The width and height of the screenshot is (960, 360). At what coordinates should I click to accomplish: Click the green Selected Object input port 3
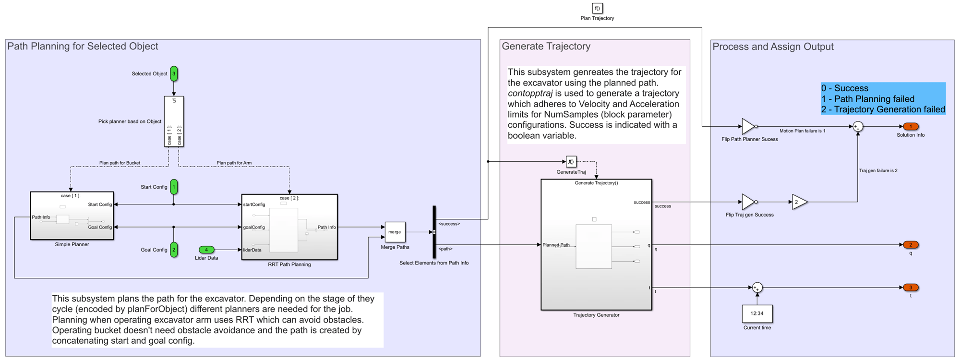174,73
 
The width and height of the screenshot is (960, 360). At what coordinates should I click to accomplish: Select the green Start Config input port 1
174,187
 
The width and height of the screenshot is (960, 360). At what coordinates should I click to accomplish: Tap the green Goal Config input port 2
174,250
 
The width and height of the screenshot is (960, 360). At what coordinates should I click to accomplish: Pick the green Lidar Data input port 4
206,250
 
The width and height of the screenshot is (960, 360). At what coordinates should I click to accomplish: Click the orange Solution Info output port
911,127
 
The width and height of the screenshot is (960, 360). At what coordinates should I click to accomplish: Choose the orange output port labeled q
911,245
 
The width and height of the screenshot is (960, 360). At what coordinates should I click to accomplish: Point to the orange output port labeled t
911,288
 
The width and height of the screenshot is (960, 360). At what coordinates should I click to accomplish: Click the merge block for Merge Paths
395,232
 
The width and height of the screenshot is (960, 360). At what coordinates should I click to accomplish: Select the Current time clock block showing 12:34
757,313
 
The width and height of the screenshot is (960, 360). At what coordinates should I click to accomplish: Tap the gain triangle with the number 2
799,202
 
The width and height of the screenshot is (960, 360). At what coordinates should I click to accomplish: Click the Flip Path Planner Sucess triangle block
748,126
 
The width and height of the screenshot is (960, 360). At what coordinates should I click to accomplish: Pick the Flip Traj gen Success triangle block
748,202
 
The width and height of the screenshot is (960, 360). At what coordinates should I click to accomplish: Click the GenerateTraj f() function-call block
571,162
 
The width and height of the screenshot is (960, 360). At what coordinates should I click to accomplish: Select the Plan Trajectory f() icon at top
597,8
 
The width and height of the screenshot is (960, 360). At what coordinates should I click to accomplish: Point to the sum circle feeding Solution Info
858,127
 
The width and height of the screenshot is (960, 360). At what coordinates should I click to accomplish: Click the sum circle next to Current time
757,288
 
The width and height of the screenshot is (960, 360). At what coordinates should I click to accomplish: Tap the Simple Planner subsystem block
72,216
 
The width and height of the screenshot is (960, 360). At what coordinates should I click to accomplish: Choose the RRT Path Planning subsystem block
289,227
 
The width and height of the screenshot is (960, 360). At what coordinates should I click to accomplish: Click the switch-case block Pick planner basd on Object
174,121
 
